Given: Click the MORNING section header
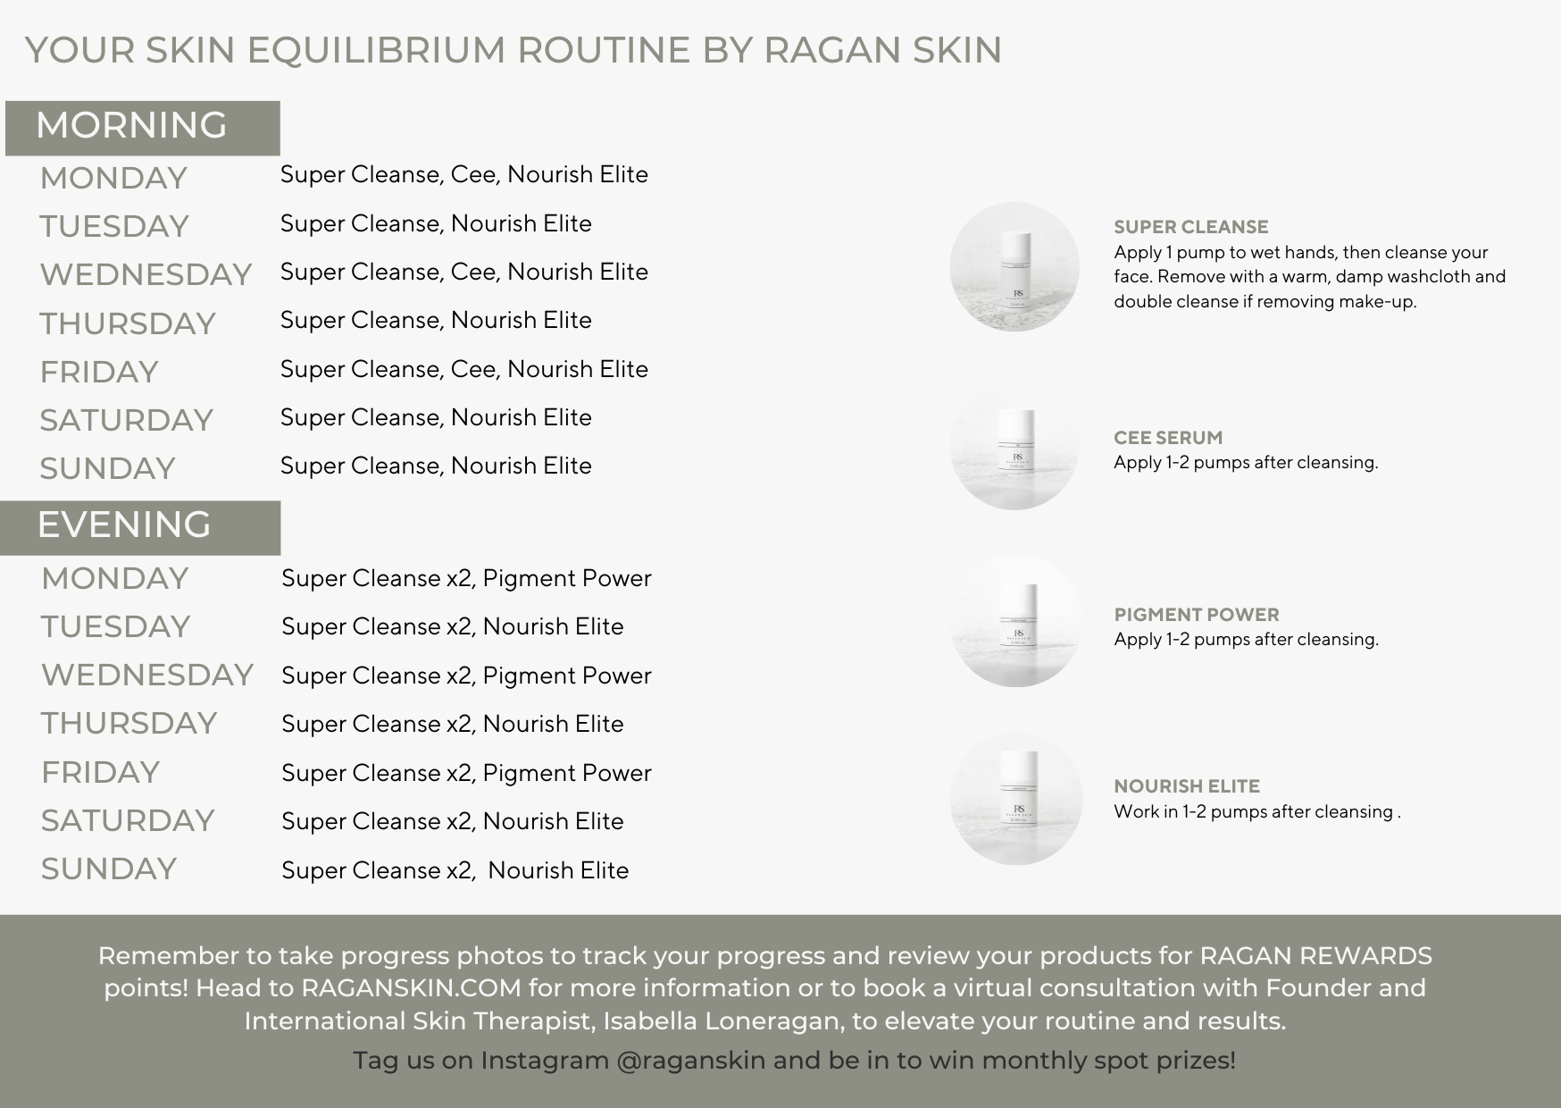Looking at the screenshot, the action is pyautogui.click(x=131, y=126).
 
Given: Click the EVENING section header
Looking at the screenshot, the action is pyautogui.click(x=124, y=525).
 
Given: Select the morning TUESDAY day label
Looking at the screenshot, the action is pyautogui.click(x=114, y=226).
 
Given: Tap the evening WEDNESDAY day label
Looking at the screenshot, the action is pyautogui.click(x=147, y=676).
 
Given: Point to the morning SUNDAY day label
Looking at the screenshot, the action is pyautogui.click(x=107, y=468).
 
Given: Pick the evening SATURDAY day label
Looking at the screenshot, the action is pyautogui.click(x=128, y=820).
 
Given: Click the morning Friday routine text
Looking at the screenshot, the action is pyautogui.click(x=464, y=369).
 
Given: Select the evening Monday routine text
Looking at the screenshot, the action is pyautogui.click(x=466, y=579).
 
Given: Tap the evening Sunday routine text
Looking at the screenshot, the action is pyautogui.click(x=455, y=870).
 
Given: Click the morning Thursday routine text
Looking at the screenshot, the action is pyautogui.click(x=436, y=320).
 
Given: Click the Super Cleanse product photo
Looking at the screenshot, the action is pyautogui.click(x=1014, y=267).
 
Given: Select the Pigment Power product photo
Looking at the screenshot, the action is pyautogui.click(x=1015, y=621).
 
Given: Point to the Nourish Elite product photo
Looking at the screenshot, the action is pyautogui.click(x=1016, y=799).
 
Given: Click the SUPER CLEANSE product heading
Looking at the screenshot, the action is pyautogui.click(x=1191, y=227).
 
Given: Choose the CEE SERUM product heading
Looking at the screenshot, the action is pyautogui.click(x=1168, y=438).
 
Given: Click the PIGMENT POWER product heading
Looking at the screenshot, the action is pyautogui.click(x=1197, y=615).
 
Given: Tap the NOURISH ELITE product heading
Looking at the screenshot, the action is pyautogui.click(x=1187, y=786).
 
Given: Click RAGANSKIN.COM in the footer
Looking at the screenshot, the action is pyautogui.click(x=411, y=988).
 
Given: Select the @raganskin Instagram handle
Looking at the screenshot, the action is pyautogui.click(x=691, y=1061).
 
